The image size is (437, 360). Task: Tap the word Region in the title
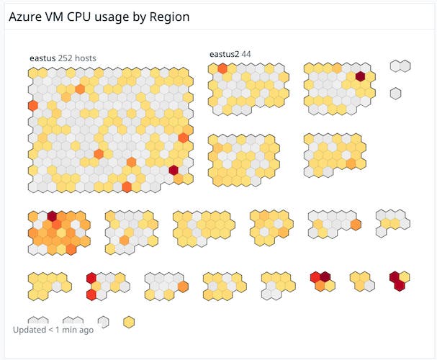[x=170, y=16]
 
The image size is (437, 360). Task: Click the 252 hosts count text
[x=77, y=58]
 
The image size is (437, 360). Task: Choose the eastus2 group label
[x=224, y=54]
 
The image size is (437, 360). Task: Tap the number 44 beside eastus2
[x=246, y=54]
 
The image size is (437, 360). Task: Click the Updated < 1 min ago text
[x=53, y=330]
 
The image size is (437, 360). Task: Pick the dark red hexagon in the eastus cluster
[x=174, y=170]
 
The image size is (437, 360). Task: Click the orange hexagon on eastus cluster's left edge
[x=33, y=106]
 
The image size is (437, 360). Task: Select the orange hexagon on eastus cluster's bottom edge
[x=127, y=186]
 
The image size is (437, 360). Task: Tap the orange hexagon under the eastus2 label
[x=222, y=69]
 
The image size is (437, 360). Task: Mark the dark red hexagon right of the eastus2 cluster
[x=360, y=76]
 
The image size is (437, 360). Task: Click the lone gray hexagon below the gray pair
[x=395, y=93]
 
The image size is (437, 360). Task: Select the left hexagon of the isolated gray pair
[x=395, y=66]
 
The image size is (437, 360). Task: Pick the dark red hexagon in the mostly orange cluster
[x=52, y=215]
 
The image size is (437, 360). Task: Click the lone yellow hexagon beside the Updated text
[x=129, y=321]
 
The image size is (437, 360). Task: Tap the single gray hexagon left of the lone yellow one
[x=104, y=321]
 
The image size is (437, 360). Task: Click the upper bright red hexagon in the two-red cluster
[x=91, y=278]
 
